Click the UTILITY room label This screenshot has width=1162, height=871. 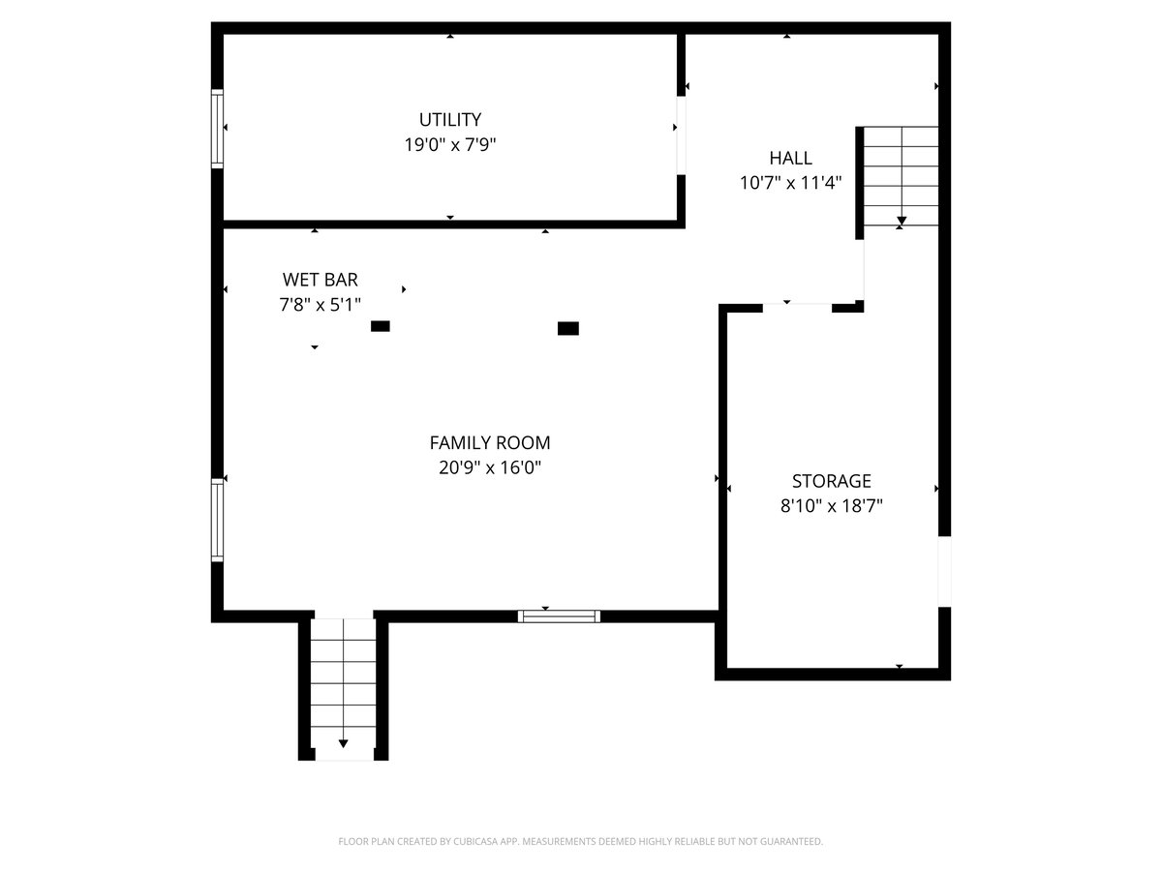click(450, 120)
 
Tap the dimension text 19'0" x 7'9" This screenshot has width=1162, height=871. click(450, 144)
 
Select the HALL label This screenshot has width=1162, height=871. click(790, 158)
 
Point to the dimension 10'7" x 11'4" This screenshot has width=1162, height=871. click(790, 183)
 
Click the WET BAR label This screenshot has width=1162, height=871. click(321, 280)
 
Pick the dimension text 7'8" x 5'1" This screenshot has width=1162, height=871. click(321, 305)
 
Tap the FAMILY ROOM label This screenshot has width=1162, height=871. click(490, 442)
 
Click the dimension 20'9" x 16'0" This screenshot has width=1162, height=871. click(490, 467)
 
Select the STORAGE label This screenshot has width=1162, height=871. click(831, 481)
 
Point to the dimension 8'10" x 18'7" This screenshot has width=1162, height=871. click(831, 506)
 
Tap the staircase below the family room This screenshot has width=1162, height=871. click(343, 690)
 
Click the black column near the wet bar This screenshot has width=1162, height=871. click(381, 326)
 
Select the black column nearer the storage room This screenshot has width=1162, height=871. click(568, 328)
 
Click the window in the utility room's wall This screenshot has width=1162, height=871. click(217, 129)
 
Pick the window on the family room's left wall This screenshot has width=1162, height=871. click(217, 520)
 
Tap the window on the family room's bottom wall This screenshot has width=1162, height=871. click(559, 616)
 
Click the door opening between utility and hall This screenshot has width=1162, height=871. click(682, 135)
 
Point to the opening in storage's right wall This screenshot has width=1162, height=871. click(944, 572)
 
